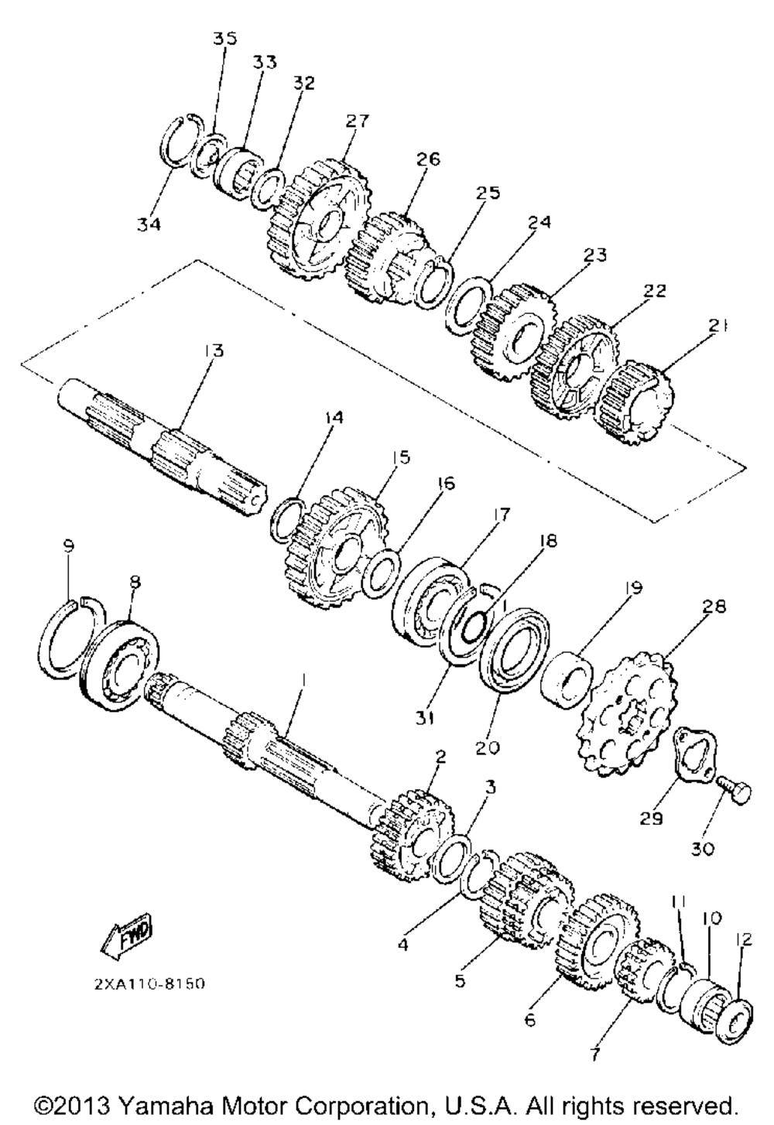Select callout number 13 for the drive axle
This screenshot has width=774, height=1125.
[214, 350]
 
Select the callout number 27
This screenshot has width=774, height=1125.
[358, 121]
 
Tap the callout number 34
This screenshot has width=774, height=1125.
[149, 224]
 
